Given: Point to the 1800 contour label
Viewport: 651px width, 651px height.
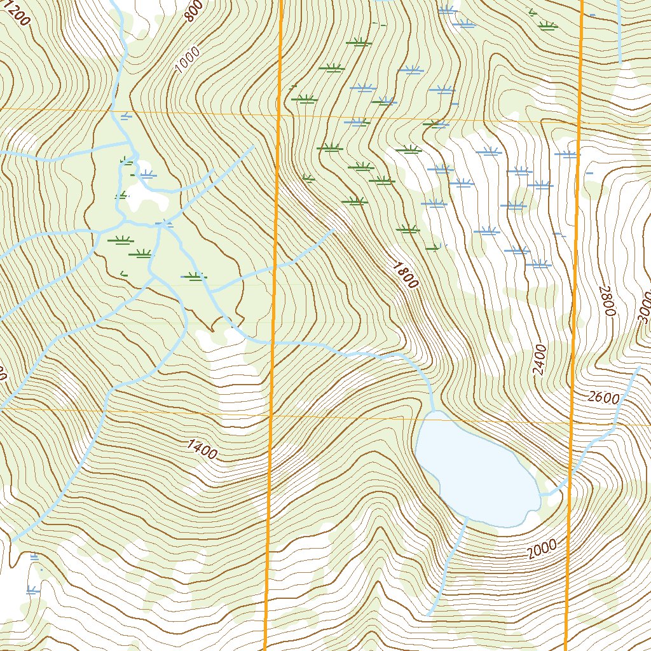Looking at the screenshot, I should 405,275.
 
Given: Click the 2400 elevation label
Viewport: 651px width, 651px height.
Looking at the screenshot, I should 540,359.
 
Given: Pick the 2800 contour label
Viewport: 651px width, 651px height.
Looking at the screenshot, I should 607,301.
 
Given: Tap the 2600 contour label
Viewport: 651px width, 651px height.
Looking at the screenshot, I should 603,398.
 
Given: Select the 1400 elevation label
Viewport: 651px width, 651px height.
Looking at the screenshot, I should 202,449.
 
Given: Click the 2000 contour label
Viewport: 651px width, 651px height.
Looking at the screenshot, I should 542,549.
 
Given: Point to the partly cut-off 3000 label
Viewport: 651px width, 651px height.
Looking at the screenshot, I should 643,308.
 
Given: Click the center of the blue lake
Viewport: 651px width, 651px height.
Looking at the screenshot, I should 477,470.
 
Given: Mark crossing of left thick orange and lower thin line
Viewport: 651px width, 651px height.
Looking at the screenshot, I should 270,416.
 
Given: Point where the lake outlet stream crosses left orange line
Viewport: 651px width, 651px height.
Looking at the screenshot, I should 272,341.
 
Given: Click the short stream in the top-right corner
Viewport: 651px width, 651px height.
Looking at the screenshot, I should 619,32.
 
